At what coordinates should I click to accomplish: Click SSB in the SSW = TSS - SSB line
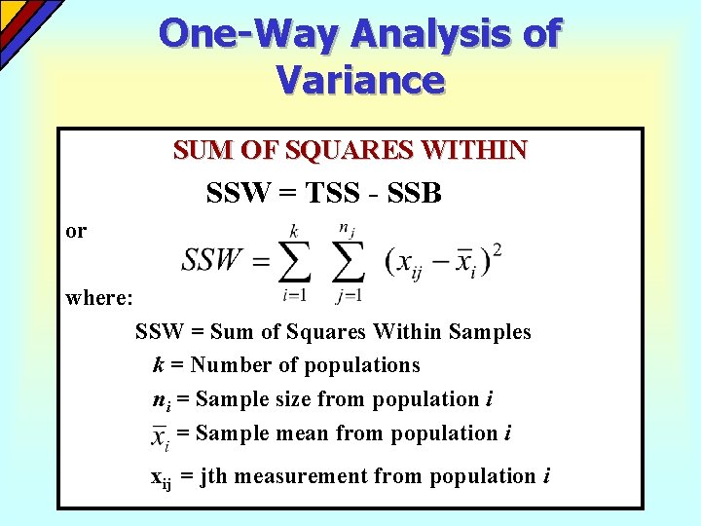(x=414, y=194)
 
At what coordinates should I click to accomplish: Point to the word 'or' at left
(x=76, y=231)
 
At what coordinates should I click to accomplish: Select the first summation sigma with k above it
(x=293, y=260)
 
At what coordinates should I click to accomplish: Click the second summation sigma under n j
(x=348, y=260)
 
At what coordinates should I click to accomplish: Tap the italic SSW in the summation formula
(x=211, y=260)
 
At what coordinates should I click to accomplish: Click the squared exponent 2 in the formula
(x=498, y=250)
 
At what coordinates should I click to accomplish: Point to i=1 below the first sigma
(x=293, y=294)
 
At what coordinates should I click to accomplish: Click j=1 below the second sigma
(x=348, y=294)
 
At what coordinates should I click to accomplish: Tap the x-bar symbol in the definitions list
(x=160, y=435)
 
